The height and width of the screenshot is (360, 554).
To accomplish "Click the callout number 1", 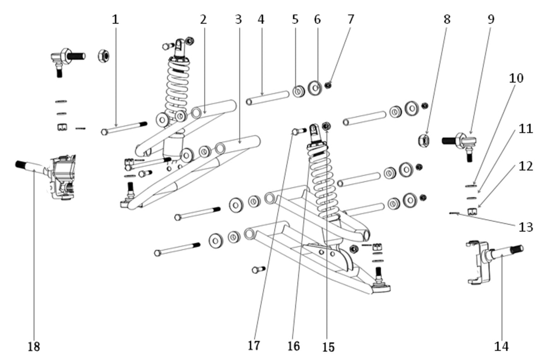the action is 115,19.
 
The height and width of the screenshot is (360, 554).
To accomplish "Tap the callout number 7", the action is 351,19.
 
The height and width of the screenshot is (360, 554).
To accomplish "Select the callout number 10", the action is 516,78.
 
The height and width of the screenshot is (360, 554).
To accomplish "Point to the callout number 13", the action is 526,227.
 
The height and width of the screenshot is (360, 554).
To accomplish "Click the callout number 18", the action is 34,347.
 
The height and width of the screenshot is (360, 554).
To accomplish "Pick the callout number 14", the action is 501,347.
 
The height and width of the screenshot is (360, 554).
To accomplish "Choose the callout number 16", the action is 294,346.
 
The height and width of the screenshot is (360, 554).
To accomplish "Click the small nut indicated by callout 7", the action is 328,85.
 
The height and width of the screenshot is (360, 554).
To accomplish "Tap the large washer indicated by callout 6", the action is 315,88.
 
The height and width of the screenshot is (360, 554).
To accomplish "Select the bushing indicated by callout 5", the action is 299,91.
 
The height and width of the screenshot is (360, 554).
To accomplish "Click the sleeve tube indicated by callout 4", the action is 268,98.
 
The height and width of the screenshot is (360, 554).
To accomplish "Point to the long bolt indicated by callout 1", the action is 124,128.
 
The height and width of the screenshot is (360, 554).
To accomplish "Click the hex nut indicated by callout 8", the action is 424,141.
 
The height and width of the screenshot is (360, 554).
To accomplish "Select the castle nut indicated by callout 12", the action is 472,212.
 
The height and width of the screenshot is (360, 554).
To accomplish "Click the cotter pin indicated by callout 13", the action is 454,213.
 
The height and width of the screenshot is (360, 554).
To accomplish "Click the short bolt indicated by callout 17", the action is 299,131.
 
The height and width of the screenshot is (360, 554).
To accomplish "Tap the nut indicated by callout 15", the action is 326,126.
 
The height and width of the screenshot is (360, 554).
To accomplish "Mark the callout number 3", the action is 238,19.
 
